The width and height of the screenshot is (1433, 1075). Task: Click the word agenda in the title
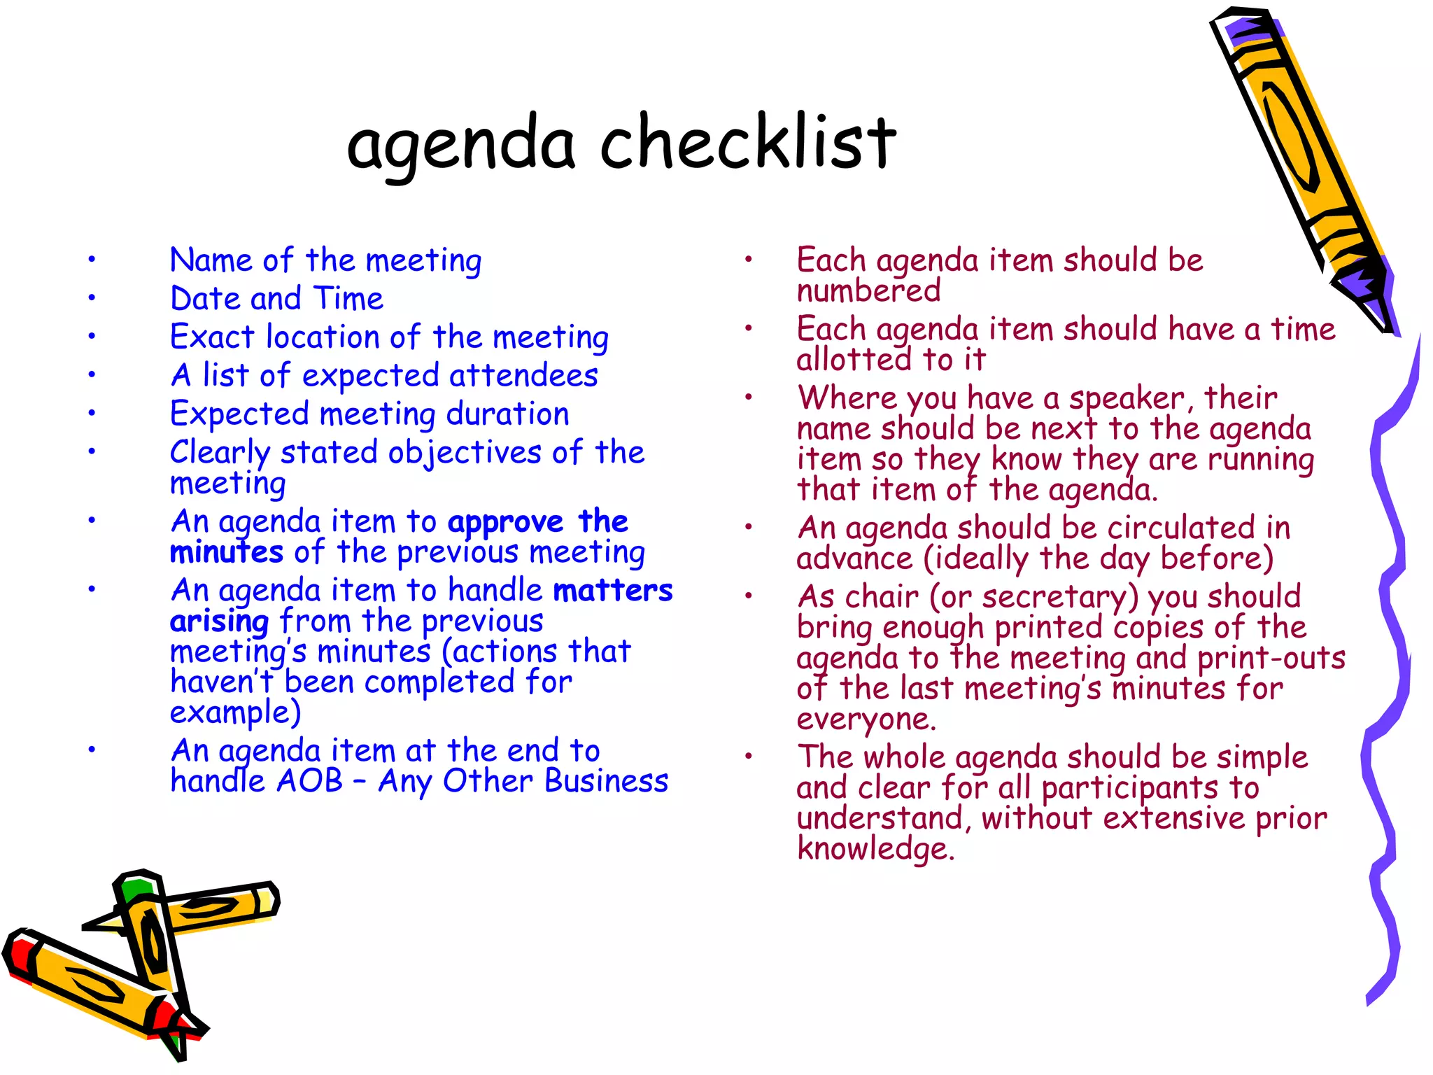coord(461,146)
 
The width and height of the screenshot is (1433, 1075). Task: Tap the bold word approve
coord(505,523)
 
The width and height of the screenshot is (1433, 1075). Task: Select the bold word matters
coord(613,591)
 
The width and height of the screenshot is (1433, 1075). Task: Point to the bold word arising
coord(219,622)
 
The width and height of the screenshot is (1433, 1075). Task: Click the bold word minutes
coord(226,553)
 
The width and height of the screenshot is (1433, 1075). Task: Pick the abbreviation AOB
coord(309,781)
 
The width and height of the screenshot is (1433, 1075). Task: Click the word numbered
coord(868,291)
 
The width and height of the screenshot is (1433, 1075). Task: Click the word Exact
coord(212,337)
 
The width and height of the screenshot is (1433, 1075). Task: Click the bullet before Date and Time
coord(91,298)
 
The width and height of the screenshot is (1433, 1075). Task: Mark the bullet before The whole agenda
coord(748,756)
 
